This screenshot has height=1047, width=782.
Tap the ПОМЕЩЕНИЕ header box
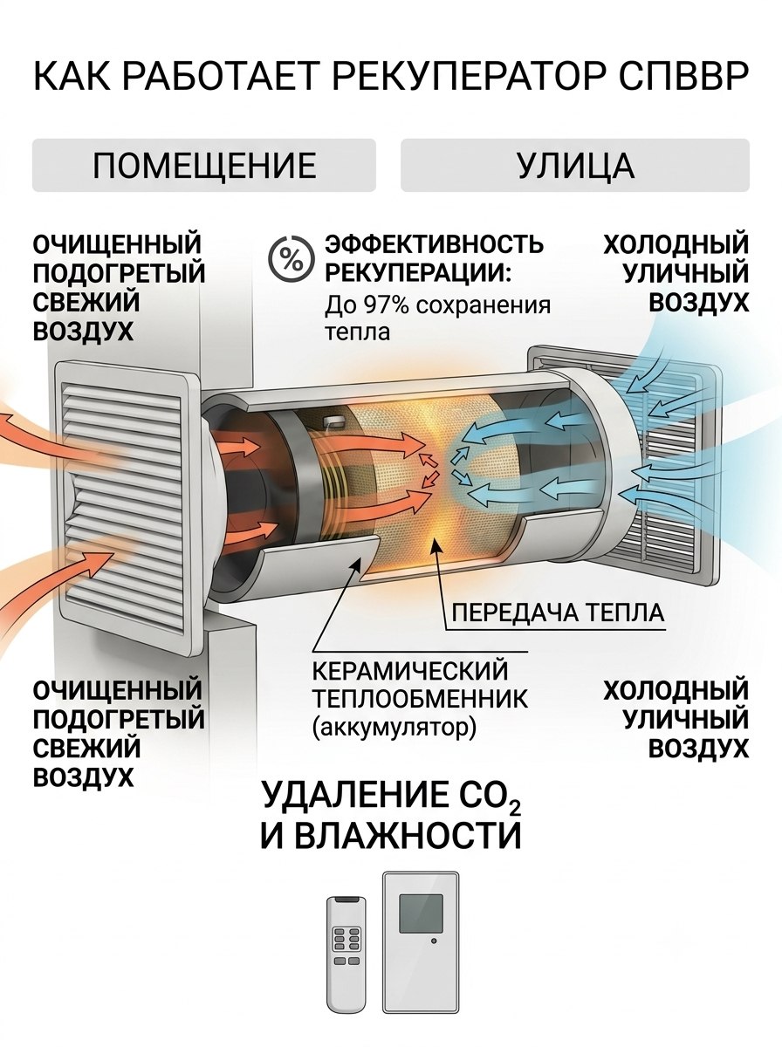click(x=204, y=165)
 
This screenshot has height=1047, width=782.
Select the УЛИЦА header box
click(x=575, y=165)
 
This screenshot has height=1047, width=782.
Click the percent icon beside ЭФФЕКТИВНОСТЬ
click(x=292, y=258)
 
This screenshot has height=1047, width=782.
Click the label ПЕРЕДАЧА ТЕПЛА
click(x=559, y=613)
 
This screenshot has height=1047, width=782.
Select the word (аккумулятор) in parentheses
click(x=394, y=728)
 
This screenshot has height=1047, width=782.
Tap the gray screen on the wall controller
click(x=421, y=914)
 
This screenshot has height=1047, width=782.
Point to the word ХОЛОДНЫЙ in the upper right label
click(x=676, y=244)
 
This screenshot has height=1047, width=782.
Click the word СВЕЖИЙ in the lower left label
click(x=86, y=748)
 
